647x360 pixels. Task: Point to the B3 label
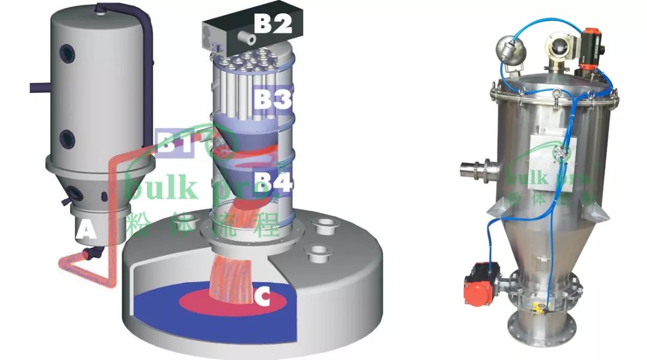coord(271,99)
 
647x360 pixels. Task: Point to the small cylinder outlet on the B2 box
coord(245,39)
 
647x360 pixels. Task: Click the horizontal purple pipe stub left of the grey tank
coord(38,89)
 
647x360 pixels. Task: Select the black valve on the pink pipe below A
coord(90,254)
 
